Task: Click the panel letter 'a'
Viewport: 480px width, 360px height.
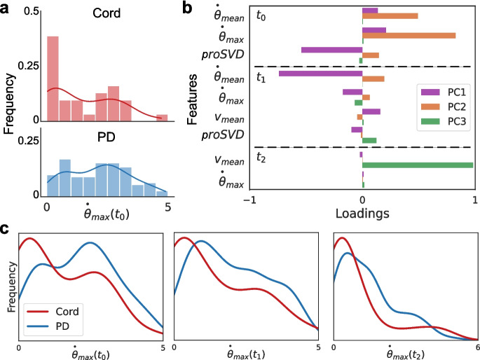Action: [x=6, y=8]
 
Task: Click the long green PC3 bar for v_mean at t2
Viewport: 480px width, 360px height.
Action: [x=418, y=165]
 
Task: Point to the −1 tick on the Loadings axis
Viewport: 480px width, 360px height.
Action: [x=250, y=200]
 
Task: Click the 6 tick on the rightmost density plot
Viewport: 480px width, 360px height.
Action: [x=476, y=347]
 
